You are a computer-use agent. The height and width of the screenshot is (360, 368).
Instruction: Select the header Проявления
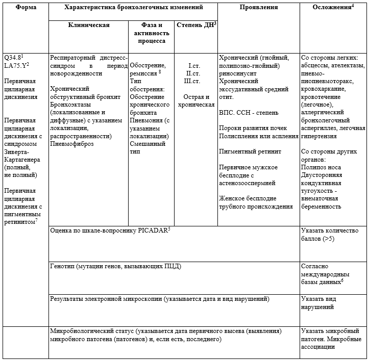[258, 8]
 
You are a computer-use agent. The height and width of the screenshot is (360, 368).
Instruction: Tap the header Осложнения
[332, 8]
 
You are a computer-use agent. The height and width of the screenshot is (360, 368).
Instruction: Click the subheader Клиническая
[89, 24]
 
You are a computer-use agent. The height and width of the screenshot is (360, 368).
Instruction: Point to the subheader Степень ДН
[194, 24]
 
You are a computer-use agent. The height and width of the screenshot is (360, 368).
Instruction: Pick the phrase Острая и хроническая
[194, 100]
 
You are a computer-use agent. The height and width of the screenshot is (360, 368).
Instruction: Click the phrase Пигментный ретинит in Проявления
[251, 151]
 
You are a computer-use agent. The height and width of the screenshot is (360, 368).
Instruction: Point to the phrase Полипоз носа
[322, 167]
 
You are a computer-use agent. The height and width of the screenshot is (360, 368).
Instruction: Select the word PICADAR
[151, 230]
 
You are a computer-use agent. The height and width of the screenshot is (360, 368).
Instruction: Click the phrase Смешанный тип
[149, 148]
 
